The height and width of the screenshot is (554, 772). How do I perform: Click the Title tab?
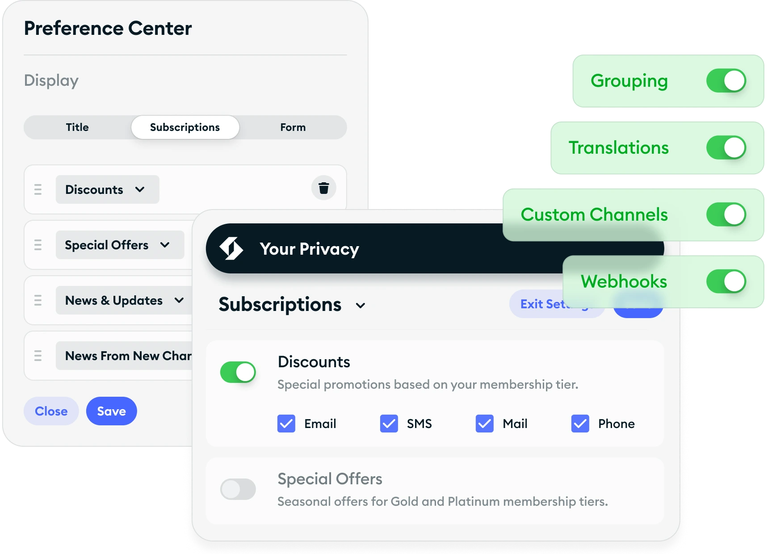[x=77, y=127]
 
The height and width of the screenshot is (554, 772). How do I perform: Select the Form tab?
[x=293, y=127]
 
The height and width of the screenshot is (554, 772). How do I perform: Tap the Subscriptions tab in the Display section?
[x=185, y=127]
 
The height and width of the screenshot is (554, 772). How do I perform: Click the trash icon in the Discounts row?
[x=323, y=188]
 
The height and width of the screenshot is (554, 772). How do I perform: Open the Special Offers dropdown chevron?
[x=165, y=245]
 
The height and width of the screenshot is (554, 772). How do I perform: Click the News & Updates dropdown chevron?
[x=179, y=300]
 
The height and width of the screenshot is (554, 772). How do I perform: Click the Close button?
[x=51, y=411]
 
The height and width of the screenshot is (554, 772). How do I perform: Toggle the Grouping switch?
[x=726, y=81]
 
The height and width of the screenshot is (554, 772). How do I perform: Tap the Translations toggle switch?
[x=726, y=148]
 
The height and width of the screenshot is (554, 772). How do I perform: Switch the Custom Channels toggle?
[x=726, y=214]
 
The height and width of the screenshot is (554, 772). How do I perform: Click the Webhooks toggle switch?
[x=726, y=281]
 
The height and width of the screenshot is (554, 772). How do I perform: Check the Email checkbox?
[x=286, y=424]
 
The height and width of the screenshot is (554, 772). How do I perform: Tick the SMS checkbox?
[x=389, y=424]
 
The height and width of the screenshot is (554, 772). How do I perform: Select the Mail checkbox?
[x=484, y=424]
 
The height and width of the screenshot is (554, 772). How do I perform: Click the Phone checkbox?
[x=580, y=424]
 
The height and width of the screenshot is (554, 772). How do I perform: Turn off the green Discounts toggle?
[x=238, y=372]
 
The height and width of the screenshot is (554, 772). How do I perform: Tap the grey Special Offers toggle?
[x=238, y=489]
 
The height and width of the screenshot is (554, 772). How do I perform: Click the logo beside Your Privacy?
[x=231, y=248]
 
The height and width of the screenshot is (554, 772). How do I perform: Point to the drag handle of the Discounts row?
[x=38, y=189]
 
